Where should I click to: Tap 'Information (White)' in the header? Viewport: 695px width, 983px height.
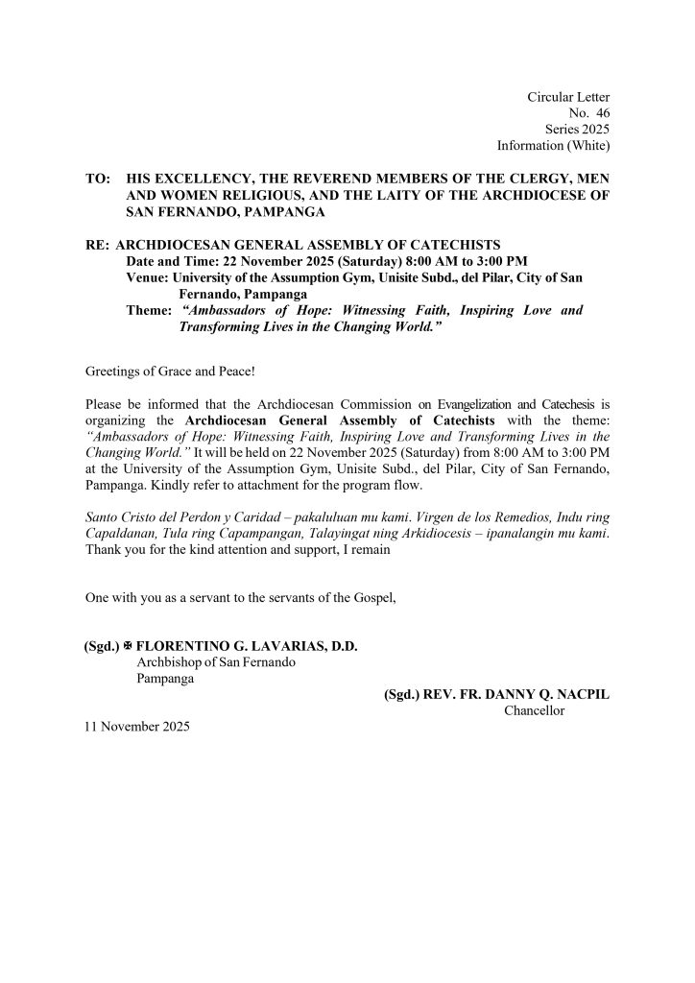click(553, 146)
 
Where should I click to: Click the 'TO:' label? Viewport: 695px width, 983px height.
click(97, 180)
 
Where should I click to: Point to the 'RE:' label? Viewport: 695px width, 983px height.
click(98, 244)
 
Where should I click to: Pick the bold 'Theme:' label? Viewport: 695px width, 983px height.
click(150, 311)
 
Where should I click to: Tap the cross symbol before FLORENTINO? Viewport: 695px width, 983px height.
click(128, 647)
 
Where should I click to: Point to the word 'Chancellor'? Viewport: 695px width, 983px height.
click(534, 711)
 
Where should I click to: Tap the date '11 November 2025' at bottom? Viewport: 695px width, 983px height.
click(137, 728)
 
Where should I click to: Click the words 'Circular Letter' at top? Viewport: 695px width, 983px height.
click(568, 97)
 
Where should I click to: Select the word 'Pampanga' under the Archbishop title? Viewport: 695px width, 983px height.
click(166, 679)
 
